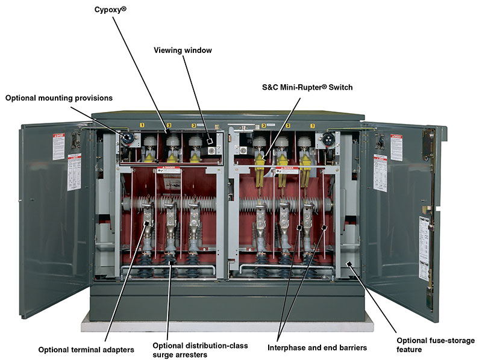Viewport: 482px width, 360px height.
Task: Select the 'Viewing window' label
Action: pyautogui.click(x=182, y=51)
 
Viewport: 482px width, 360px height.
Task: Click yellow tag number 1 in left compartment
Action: pyautogui.click(x=142, y=125)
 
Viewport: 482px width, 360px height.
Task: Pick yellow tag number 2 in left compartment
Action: pyautogui.click(x=169, y=125)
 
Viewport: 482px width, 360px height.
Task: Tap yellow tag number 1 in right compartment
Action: pyautogui.click(x=312, y=125)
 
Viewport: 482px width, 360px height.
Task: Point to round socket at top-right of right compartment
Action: pyautogui.click(x=328, y=138)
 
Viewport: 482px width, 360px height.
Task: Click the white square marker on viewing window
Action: pyautogui.click(x=210, y=141)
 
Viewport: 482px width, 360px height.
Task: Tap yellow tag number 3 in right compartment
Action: pyautogui.click(x=264, y=125)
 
